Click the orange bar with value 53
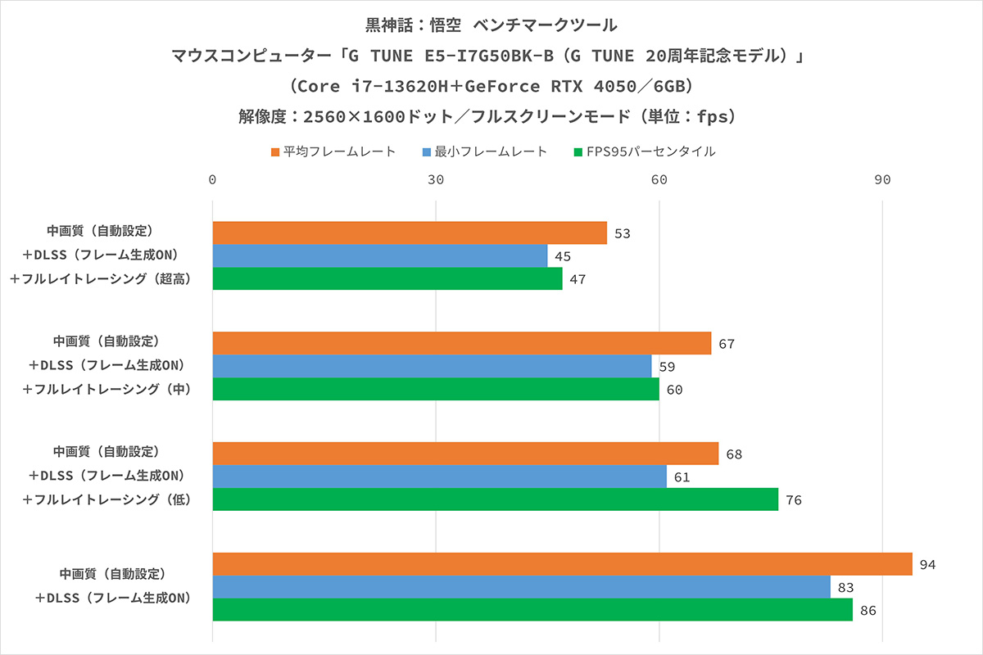[410, 233]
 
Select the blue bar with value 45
[380, 255]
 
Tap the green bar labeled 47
[387, 278]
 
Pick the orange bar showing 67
[462, 343]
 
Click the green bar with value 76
[496, 499]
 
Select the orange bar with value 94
[562, 564]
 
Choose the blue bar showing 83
[521, 587]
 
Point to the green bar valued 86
[532, 610]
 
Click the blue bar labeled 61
[440, 477]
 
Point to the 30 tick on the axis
[436, 181]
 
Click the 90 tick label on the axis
[882, 181]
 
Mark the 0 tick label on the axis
[213, 181]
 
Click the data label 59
[667, 367]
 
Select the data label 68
[734, 454]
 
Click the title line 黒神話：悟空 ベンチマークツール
[491, 25]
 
